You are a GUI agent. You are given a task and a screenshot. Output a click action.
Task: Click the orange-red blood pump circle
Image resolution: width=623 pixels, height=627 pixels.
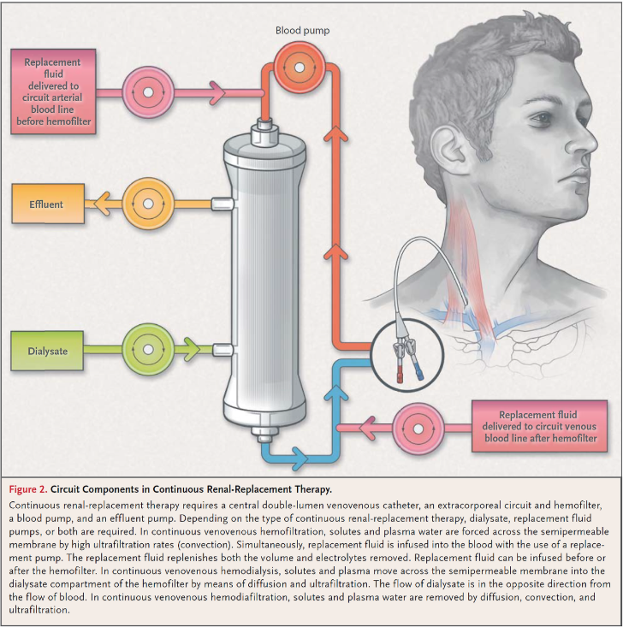[x=300, y=68]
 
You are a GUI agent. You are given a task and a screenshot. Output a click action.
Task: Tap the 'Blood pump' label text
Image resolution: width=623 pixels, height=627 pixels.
[x=302, y=31]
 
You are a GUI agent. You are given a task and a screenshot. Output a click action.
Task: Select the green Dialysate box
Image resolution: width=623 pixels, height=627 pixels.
[x=47, y=351]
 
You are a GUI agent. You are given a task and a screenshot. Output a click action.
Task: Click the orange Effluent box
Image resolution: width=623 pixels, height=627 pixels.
[x=48, y=204]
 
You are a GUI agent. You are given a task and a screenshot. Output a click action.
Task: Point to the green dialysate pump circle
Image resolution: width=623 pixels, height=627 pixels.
[x=148, y=350]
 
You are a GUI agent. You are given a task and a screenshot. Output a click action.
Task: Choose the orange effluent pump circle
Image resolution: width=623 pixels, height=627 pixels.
[x=148, y=204]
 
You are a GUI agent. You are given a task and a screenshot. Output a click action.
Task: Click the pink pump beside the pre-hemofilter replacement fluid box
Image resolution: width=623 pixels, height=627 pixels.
[x=148, y=92]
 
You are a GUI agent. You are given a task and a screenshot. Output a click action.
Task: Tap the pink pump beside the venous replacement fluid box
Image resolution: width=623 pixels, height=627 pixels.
[x=418, y=429]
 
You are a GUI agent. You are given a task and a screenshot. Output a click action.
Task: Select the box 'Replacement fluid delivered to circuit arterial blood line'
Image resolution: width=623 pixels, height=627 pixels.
[x=53, y=92]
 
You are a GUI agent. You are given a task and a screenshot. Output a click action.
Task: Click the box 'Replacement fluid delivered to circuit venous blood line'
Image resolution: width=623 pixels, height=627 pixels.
[x=539, y=426]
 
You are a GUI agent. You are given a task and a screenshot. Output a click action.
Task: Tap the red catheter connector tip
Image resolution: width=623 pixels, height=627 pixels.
[x=400, y=377]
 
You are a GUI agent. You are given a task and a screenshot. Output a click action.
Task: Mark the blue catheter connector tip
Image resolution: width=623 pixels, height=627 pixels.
[x=419, y=375]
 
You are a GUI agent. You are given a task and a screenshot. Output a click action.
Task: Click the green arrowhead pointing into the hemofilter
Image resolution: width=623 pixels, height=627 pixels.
[x=192, y=350]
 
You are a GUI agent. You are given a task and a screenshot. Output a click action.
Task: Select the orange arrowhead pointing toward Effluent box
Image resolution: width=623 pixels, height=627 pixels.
[x=102, y=204]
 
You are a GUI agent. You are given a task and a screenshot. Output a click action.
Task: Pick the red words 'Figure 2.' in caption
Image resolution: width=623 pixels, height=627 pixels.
[x=28, y=489]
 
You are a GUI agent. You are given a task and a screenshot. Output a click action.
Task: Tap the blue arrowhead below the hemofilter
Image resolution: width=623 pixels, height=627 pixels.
[x=300, y=458]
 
